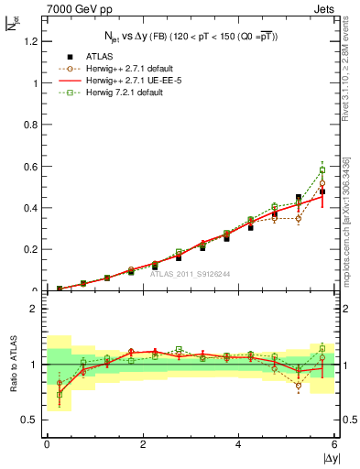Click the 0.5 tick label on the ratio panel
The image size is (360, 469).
pos(33,420)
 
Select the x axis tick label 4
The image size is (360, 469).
pos(239,444)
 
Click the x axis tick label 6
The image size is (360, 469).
pos(335,444)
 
